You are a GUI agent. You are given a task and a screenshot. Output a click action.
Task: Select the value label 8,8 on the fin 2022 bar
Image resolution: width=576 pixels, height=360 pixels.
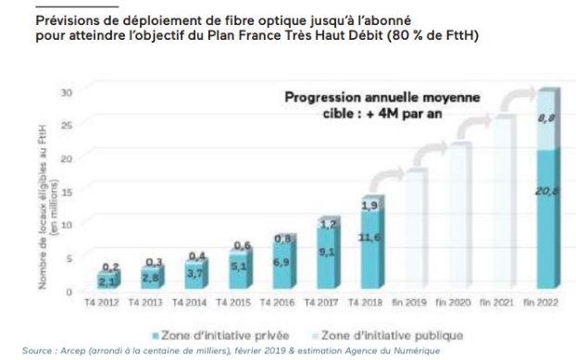coord(545,118)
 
